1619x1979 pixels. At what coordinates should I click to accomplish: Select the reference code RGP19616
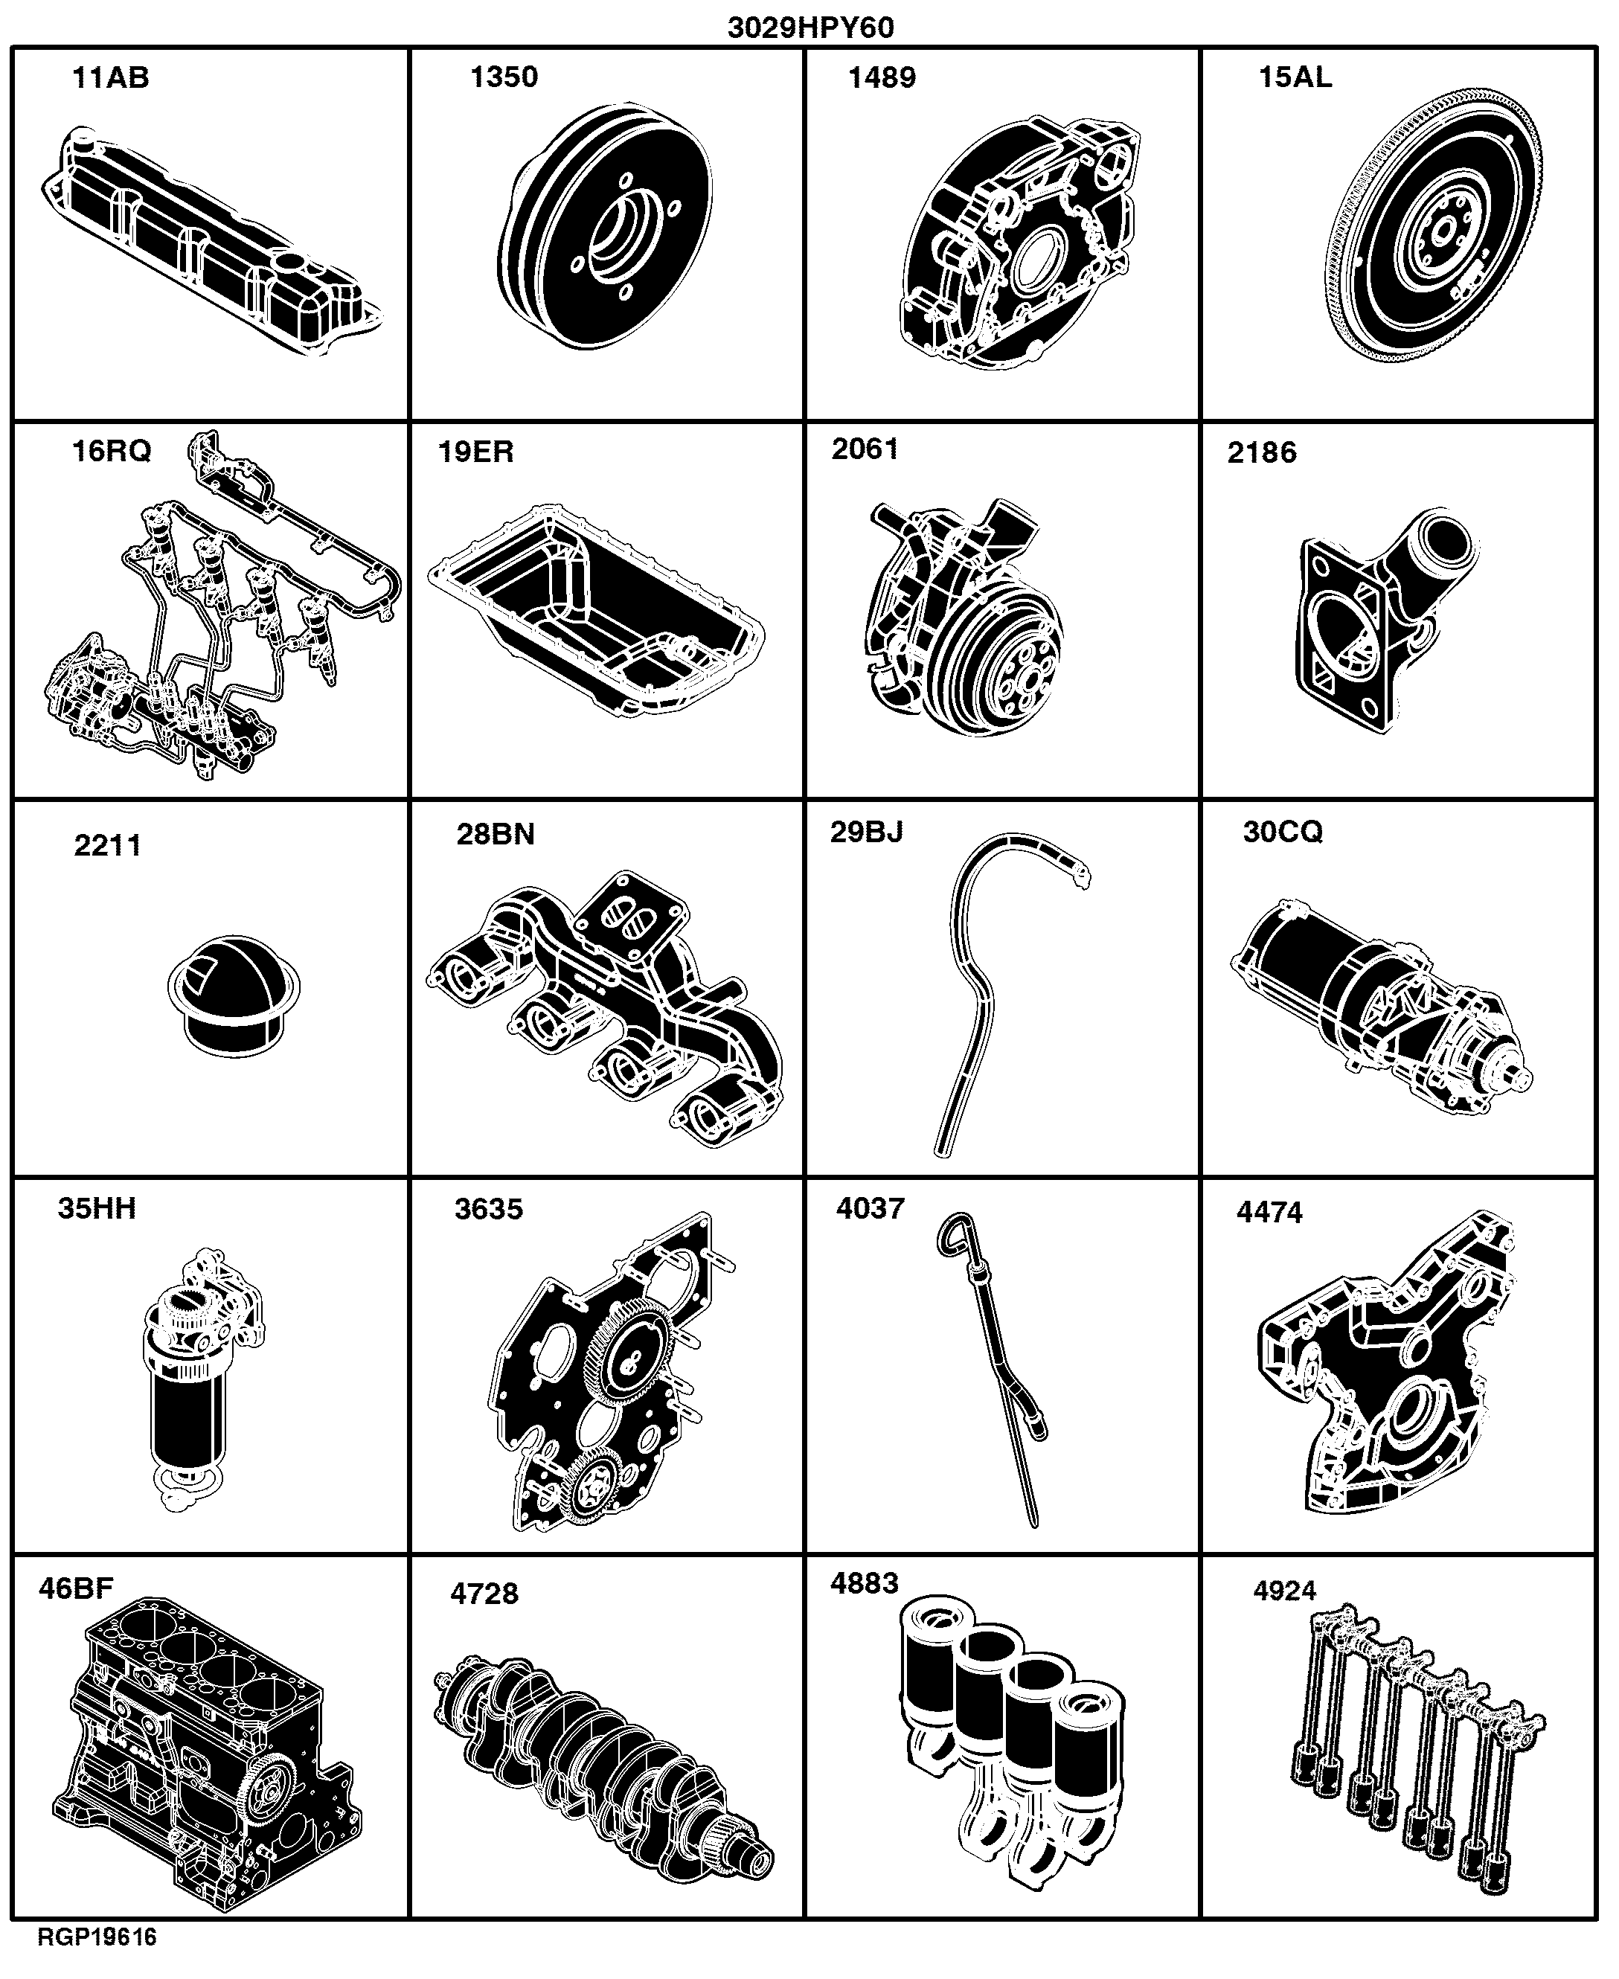(97, 1937)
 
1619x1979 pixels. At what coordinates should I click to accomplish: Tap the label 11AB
(110, 77)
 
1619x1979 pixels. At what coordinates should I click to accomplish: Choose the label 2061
(865, 449)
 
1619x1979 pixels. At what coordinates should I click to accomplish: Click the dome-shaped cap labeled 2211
(234, 996)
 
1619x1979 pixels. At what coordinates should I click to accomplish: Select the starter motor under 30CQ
(1380, 1007)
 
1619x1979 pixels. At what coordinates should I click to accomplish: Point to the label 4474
(1269, 1213)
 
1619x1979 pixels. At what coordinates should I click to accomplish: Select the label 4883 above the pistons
(864, 1584)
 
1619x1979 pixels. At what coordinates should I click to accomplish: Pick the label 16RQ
(111, 452)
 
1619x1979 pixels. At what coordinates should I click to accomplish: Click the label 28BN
(496, 834)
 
